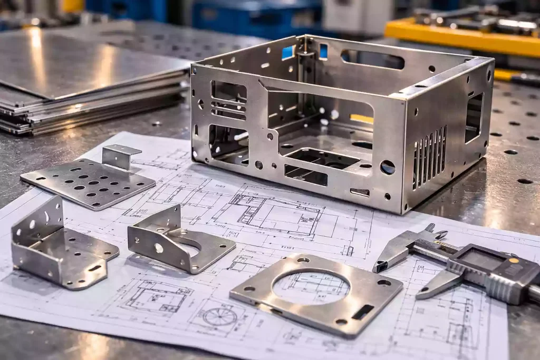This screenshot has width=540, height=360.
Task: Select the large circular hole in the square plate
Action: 311,288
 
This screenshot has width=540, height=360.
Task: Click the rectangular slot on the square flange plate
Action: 363,312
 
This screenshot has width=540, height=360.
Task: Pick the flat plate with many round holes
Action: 87,182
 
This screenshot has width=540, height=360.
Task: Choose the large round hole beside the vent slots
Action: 387,168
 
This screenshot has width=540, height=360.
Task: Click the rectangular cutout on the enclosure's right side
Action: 473,118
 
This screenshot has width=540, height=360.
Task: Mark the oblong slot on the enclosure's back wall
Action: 372,60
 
